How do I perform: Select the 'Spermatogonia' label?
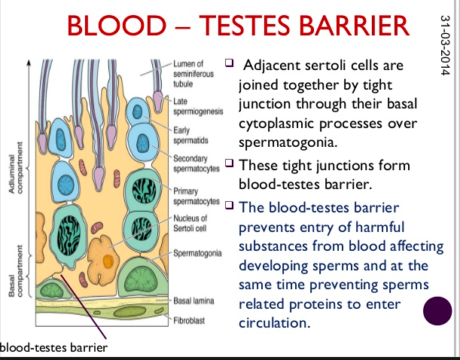pyautogui.click(x=198, y=253)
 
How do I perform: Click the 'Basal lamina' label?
pyautogui.click(x=193, y=299)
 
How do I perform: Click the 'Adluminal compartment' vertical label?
pyautogui.click(x=14, y=169)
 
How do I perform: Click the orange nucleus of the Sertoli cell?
pyautogui.click(x=108, y=260)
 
